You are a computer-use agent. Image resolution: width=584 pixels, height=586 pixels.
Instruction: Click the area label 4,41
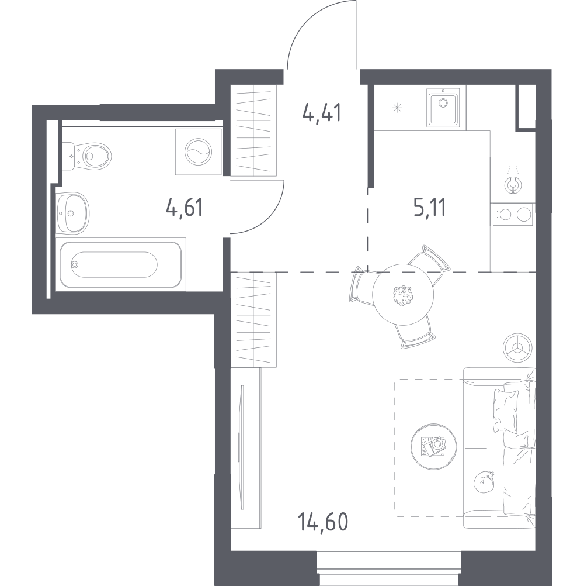click(x=322, y=112)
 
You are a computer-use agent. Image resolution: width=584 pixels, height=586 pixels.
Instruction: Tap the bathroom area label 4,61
click(x=185, y=208)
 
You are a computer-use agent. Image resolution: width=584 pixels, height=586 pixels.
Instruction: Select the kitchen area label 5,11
click(x=429, y=208)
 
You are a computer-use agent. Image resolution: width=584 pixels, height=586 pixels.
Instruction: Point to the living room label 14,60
click(x=323, y=522)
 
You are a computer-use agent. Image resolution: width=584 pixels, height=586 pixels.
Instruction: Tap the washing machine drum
click(x=198, y=151)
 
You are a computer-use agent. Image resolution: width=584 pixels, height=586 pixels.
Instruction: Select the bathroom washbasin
click(x=72, y=213)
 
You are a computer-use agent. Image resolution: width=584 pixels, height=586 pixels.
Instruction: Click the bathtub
click(x=121, y=264)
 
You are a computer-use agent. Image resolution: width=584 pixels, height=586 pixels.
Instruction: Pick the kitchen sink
click(x=443, y=108)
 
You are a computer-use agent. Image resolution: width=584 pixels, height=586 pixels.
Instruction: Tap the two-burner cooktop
click(x=514, y=215)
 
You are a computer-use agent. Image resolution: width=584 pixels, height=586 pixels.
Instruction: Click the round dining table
click(x=403, y=294)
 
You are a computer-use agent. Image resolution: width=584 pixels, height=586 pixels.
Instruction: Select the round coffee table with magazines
click(x=433, y=446)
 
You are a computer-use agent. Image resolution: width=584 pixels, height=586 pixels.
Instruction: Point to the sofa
click(x=499, y=447)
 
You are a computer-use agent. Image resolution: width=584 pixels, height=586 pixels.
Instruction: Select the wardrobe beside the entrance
click(x=253, y=130)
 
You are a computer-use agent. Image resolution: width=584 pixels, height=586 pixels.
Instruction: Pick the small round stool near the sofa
click(x=517, y=347)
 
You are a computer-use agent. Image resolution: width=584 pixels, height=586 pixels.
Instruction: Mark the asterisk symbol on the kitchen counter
click(x=397, y=108)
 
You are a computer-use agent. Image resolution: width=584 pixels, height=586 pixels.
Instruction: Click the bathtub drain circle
click(x=75, y=264)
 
